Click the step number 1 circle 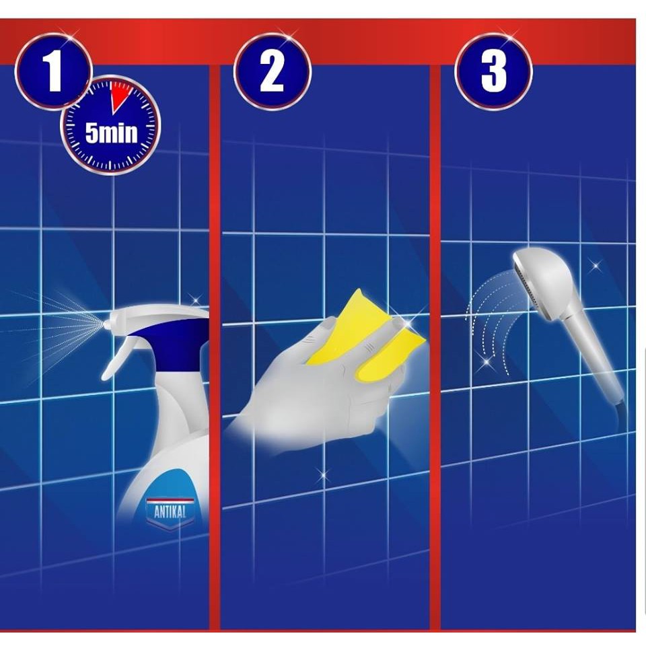coord(53,72)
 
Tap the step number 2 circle coord(273,72)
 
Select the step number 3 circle coord(493,72)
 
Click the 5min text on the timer coord(111,133)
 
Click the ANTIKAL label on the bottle coord(170,512)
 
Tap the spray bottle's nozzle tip coord(106,325)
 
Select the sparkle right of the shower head coord(595,266)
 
